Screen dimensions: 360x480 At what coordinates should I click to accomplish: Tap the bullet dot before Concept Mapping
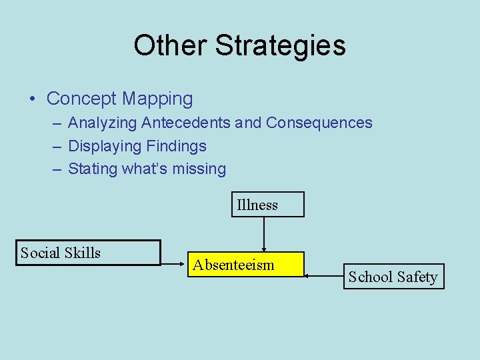pos(33,99)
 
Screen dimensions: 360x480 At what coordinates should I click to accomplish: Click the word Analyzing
pos(103,123)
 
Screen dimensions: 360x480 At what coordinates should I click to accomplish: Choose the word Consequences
pos(319,123)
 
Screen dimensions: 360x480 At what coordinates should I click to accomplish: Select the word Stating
pos(93,169)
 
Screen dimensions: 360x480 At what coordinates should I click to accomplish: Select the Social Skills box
pos(88,253)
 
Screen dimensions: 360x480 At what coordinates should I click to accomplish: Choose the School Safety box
pos(393,277)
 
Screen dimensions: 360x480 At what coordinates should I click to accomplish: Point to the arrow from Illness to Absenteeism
pos(265,233)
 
